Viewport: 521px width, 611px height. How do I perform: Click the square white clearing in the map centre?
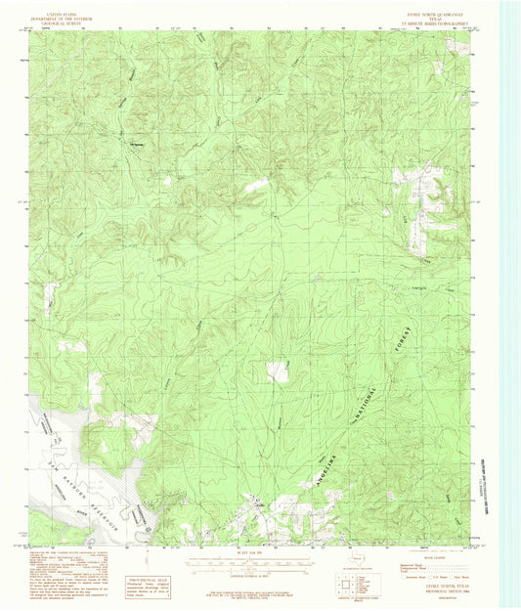pos(279,371)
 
